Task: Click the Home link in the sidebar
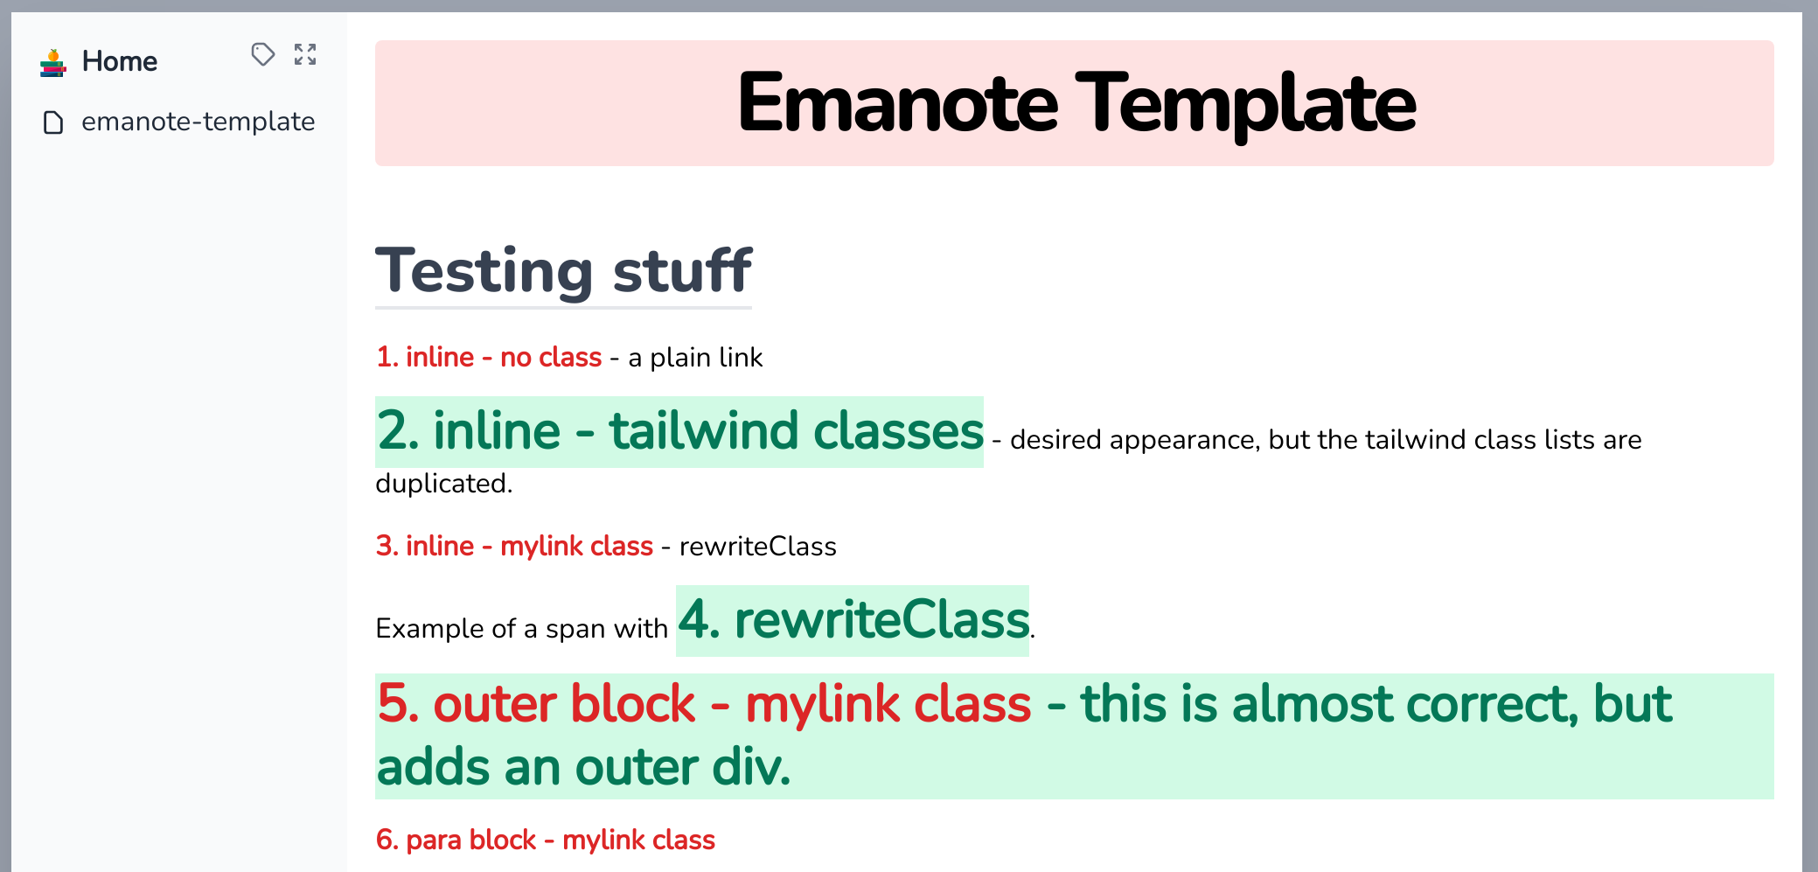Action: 119,61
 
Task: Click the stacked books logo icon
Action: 53,63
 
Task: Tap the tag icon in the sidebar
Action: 262,54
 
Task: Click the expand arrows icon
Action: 305,54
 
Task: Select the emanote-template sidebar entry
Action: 198,122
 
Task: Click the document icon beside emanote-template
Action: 53,122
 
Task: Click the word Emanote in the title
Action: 897,104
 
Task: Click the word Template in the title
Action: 1245,104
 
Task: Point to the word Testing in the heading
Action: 484,270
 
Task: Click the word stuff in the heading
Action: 682,270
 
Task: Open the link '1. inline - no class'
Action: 489,357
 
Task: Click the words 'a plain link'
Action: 695,357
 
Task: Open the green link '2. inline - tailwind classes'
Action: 679,431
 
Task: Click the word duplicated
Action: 442,483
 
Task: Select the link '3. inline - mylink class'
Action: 514,546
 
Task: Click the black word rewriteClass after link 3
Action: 757,546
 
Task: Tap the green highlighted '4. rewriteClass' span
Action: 853,620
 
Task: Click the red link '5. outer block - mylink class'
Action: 704,704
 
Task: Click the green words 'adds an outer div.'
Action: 583,767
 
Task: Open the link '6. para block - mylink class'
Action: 545,840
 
